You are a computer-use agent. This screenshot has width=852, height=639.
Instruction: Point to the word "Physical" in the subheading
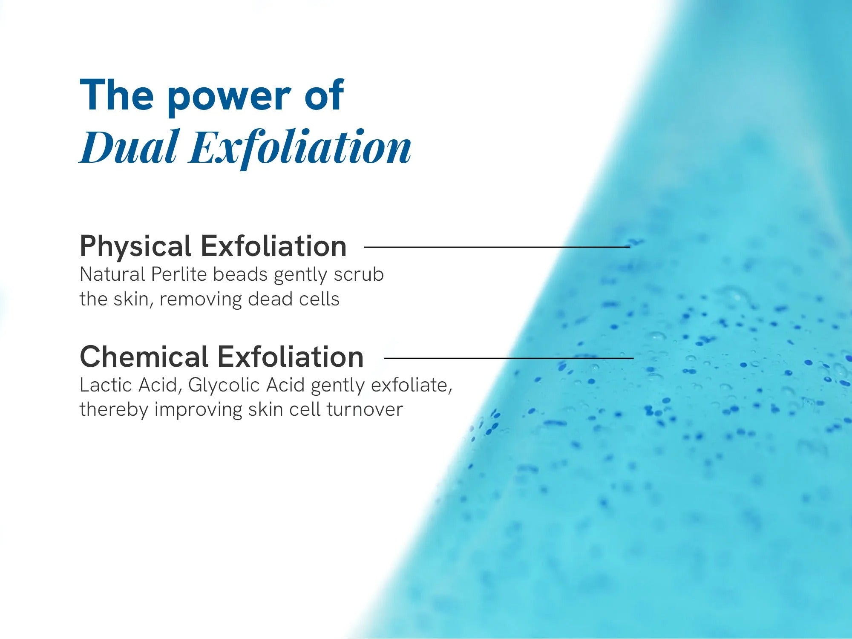(135, 246)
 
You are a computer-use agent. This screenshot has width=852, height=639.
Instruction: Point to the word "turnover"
(365, 409)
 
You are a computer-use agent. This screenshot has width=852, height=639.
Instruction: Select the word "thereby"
(114, 410)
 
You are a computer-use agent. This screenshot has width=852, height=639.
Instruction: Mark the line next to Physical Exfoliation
(497, 247)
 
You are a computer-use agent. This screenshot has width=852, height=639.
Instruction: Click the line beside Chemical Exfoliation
(509, 358)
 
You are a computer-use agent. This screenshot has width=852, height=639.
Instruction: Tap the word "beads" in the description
(240, 274)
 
